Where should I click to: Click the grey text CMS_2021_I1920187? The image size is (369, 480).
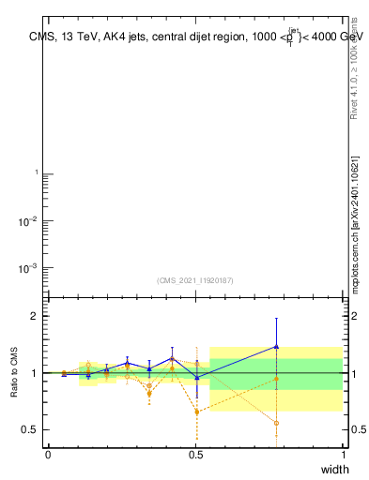click(x=195, y=279)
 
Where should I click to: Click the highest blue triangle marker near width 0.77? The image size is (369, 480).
click(x=276, y=346)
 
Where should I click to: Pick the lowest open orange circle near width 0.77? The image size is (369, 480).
click(x=276, y=423)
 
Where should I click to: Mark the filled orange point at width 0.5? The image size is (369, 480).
click(x=196, y=412)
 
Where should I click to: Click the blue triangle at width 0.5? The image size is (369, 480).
click(x=196, y=377)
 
